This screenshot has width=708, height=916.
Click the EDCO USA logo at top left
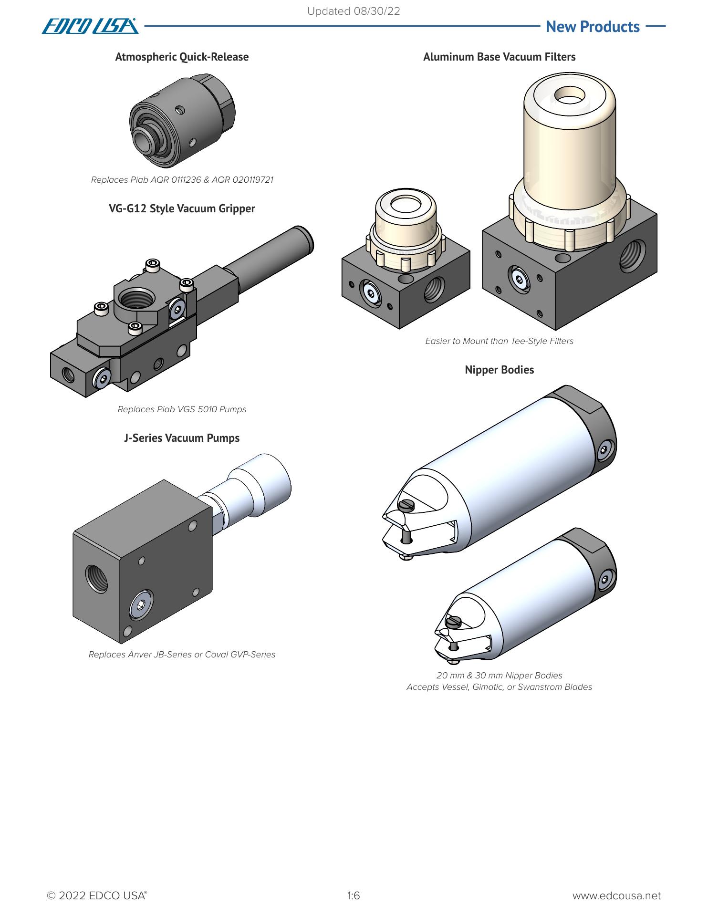[x=90, y=26]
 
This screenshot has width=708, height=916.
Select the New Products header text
[x=592, y=27]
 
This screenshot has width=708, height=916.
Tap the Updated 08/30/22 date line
[x=353, y=11]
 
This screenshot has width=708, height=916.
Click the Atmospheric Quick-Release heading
[x=182, y=57]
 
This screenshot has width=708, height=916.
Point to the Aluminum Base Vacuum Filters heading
[x=499, y=57]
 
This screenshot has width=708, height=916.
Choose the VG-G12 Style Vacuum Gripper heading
[x=182, y=208]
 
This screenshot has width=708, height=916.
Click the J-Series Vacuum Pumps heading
[x=182, y=438]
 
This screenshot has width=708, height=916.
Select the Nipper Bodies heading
[x=499, y=370]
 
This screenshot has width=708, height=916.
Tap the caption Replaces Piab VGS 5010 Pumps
[x=182, y=409]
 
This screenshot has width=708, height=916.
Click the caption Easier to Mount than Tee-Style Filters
[x=499, y=341]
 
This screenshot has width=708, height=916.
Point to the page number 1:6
[x=354, y=895]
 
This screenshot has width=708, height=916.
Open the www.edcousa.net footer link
[x=616, y=895]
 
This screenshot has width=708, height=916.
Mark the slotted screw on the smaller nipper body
[x=453, y=622]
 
